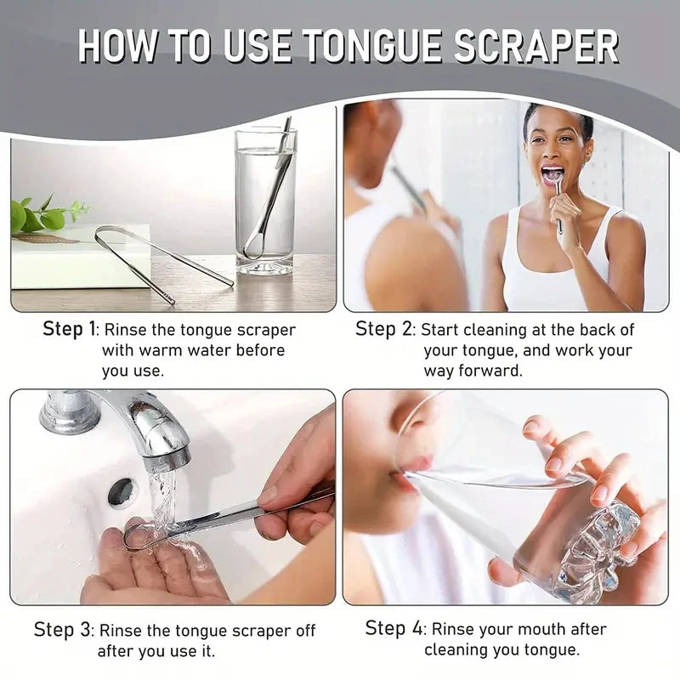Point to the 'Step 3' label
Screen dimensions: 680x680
coord(64,631)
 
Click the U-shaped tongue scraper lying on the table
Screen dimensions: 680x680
coord(161,259)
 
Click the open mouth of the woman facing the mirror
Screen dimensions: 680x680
coord(553,174)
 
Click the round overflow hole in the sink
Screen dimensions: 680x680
coord(122,491)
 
